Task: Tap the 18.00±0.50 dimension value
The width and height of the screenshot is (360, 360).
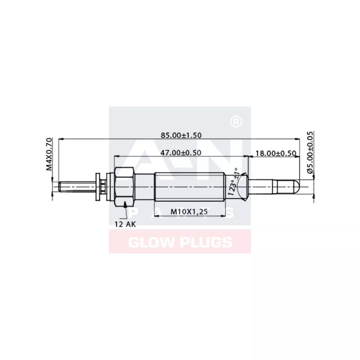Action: (275, 153)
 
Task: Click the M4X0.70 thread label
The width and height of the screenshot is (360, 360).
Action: (49, 155)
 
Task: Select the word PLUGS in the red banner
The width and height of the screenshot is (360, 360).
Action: (205, 243)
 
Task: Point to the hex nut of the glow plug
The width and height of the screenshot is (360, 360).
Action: (125, 185)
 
